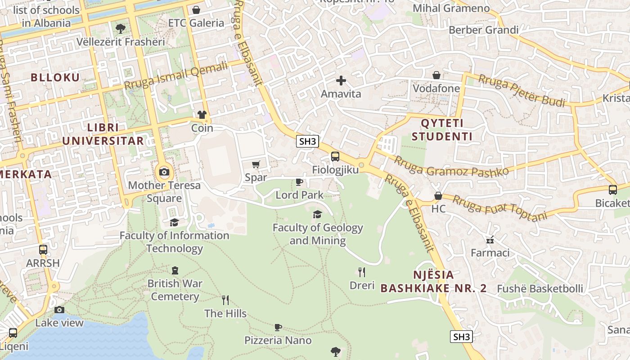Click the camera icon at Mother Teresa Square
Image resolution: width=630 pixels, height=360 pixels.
(164, 172)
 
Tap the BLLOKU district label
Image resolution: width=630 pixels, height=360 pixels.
(55, 77)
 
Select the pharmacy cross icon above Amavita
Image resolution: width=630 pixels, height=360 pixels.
(341, 81)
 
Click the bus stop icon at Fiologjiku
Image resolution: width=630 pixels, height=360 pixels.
(335, 157)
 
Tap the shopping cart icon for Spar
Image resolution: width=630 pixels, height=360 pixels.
(256, 165)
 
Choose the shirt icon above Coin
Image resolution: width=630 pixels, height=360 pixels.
(202, 115)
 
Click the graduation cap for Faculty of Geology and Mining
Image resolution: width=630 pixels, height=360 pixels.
(318, 214)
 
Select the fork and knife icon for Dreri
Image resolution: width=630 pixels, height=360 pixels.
(361, 272)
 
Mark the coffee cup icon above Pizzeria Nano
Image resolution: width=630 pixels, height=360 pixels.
(278, 327)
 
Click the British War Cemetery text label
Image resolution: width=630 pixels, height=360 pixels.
(175, 290)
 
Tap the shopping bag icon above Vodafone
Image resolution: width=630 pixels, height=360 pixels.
(436, 75)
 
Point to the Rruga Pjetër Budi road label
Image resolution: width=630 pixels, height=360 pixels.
(522, 91)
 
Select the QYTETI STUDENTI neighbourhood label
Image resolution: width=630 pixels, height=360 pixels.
(442, 130)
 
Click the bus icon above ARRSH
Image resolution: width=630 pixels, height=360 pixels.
(43, 250)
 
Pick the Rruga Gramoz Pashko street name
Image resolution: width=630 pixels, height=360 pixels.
(451, 166)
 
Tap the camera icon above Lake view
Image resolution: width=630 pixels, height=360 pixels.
(59, 310)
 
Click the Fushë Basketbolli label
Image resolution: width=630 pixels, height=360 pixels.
(540, 288)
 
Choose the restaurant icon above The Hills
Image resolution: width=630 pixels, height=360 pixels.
(225, 300)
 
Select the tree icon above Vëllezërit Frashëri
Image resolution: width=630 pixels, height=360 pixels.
(120, 29)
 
